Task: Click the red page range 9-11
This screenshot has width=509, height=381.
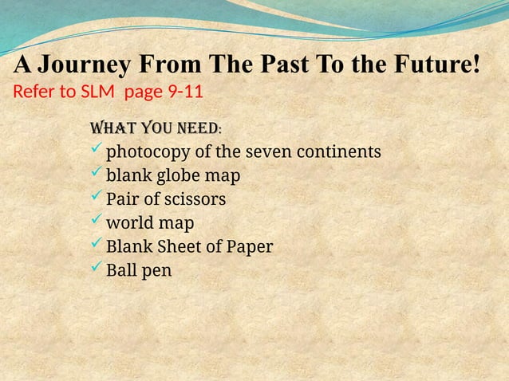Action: click(184, 91)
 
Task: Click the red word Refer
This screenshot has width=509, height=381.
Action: click(34, 91)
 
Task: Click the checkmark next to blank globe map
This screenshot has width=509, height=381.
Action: click(97, 174)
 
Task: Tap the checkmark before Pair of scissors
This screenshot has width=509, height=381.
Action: click(97, 198)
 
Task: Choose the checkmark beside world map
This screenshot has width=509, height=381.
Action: click(97, 222)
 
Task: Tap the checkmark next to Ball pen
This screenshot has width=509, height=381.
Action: click(97, 269)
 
